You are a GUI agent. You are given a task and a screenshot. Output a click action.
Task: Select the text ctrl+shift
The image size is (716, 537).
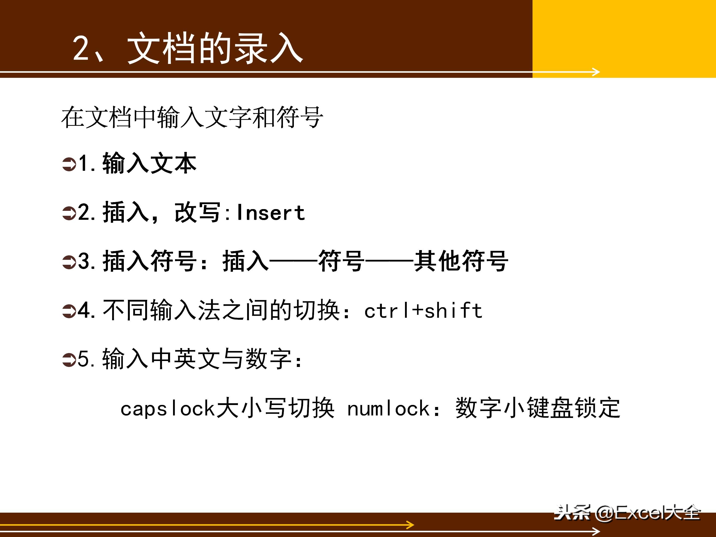coord(423,311)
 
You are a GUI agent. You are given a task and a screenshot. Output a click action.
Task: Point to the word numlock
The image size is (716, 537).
coord(388,408)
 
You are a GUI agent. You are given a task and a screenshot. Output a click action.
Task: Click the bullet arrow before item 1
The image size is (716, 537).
coord(69,164)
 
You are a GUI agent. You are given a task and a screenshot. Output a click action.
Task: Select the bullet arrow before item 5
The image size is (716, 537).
coord(69,360)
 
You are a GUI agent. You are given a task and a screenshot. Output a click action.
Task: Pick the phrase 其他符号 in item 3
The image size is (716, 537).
coord(461,261)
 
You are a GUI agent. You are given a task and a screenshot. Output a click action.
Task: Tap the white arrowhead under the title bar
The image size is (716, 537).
coord(596,72)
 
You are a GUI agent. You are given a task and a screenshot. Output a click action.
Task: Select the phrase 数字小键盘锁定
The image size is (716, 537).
coord(538,408)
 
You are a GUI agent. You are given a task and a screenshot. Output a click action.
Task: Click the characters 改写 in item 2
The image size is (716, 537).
coord(197,213)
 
